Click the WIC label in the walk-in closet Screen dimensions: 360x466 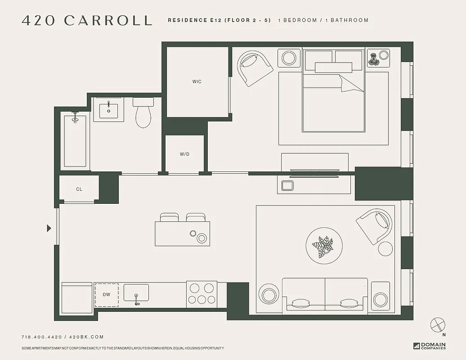(197, 81)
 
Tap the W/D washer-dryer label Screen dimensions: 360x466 (184, 154)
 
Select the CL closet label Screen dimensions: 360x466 (79, 189)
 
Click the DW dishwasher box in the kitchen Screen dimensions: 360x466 (107, 295)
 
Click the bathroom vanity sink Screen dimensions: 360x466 (108, 110)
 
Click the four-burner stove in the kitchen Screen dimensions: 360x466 (202, 294)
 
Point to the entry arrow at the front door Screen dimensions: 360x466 (49, 228)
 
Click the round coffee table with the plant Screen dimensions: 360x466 (324, 246)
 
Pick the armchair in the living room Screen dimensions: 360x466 (374, 225)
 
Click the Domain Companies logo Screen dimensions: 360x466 (430, 346)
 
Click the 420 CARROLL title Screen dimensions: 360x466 (87, 20)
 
